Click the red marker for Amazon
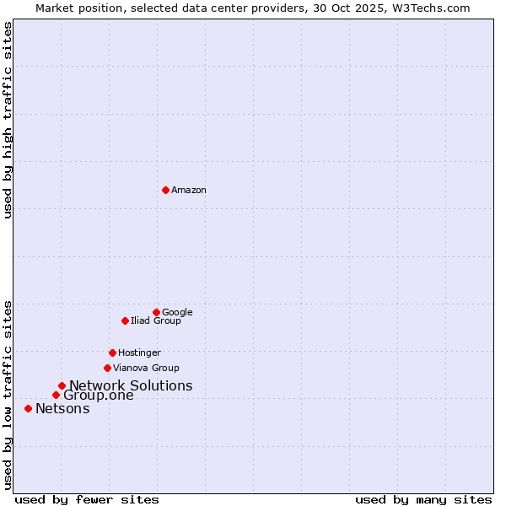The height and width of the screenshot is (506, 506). click(x=165, y=190)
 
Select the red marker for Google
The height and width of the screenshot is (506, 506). click(x=156, y=312)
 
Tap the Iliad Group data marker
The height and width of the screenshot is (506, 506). click(x=125, y=320)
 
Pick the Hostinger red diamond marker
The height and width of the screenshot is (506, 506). click(x=112, y=353)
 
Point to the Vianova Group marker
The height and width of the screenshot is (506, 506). click(x=107, y=368)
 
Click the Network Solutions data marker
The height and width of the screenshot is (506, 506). click(x=62, y=385)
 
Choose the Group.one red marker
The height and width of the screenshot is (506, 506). click(x=56, y=395)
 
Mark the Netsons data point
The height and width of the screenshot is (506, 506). click(x=28, y=408)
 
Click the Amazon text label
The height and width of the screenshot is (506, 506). click(x=189, y=191)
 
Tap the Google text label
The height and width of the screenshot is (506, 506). click(x=177, y=313)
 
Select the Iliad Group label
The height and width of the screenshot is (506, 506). click(x=156, y=321)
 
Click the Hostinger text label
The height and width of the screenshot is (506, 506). click(x=139, y=353)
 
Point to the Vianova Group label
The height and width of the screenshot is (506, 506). click(x=146, y=369)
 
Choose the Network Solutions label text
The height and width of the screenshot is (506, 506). click(x=131, y=386)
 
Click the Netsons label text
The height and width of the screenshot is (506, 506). click(x=62, y=409)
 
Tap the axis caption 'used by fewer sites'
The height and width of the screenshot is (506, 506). click(x=87, y=500)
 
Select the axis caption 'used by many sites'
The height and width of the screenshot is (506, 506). click(x=423, y=500)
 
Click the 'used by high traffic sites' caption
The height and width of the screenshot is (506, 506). click(x=8, y=120)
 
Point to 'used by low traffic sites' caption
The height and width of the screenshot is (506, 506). click(x=8, y=395)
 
